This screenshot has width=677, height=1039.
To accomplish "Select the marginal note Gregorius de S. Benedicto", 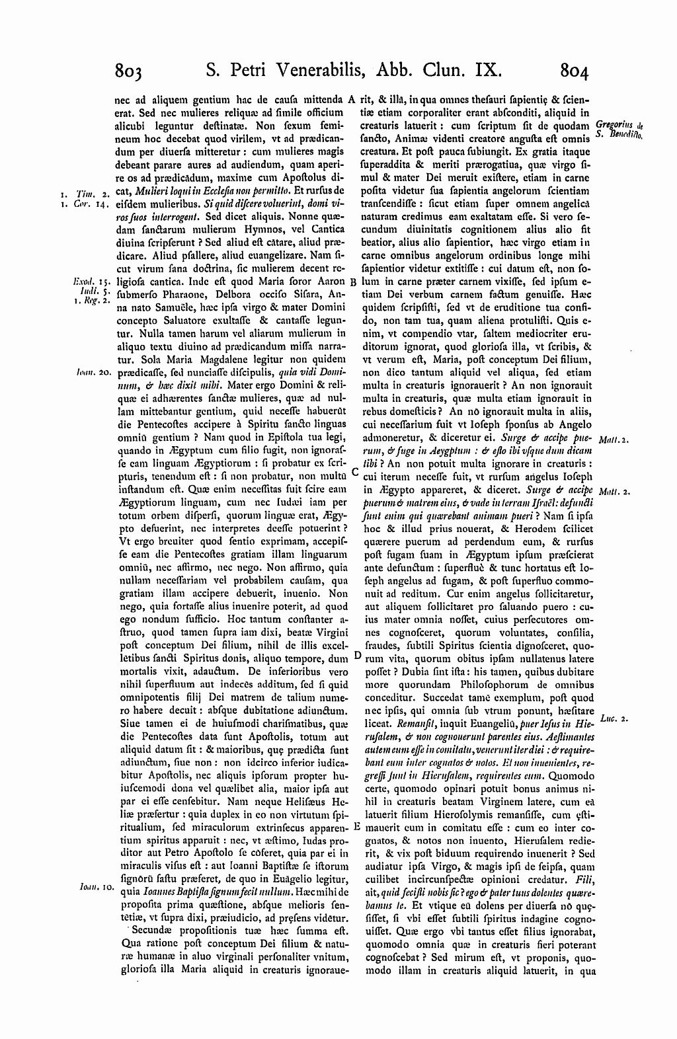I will coord(619,130).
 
